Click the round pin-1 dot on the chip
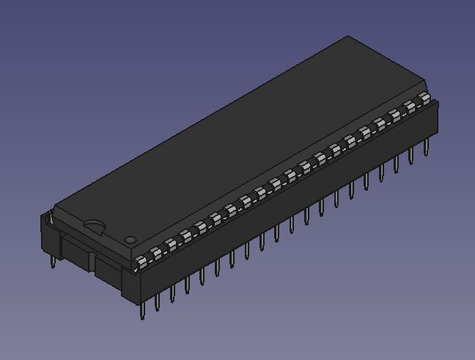point(130,239)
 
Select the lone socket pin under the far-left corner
point(52,260)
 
